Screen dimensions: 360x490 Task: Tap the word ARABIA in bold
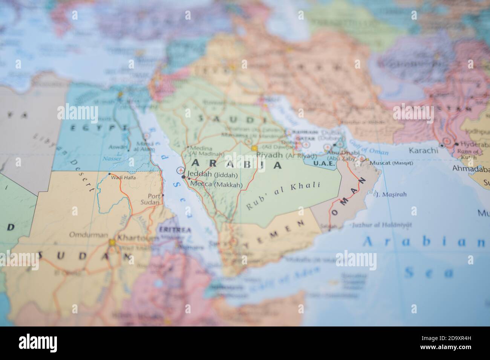pos(237,164)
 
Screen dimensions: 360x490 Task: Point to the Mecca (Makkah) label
pos(216,185)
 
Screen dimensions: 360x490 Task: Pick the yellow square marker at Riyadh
pos(254,148)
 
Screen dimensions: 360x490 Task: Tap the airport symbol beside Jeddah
pos(179,171)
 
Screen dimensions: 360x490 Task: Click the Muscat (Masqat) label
pos(391,163)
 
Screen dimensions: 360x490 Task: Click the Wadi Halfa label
pos(123,177)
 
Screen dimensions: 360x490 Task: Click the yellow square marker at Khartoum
pos(112,243)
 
